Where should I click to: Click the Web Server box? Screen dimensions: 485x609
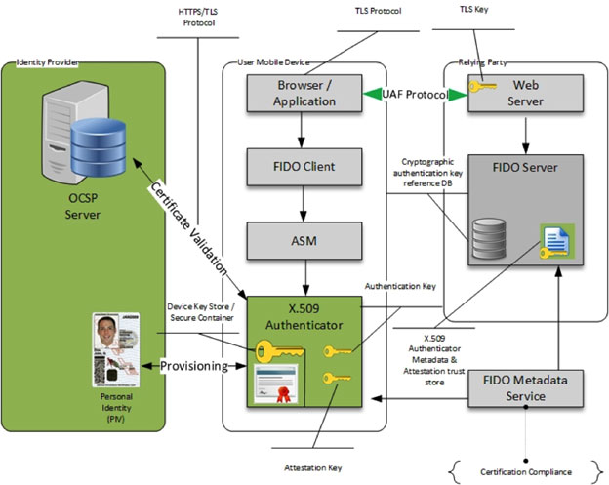pyautogui.click(x=527, y=95)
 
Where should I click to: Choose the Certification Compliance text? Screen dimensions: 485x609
pyautogui.click(x=525, y=472)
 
